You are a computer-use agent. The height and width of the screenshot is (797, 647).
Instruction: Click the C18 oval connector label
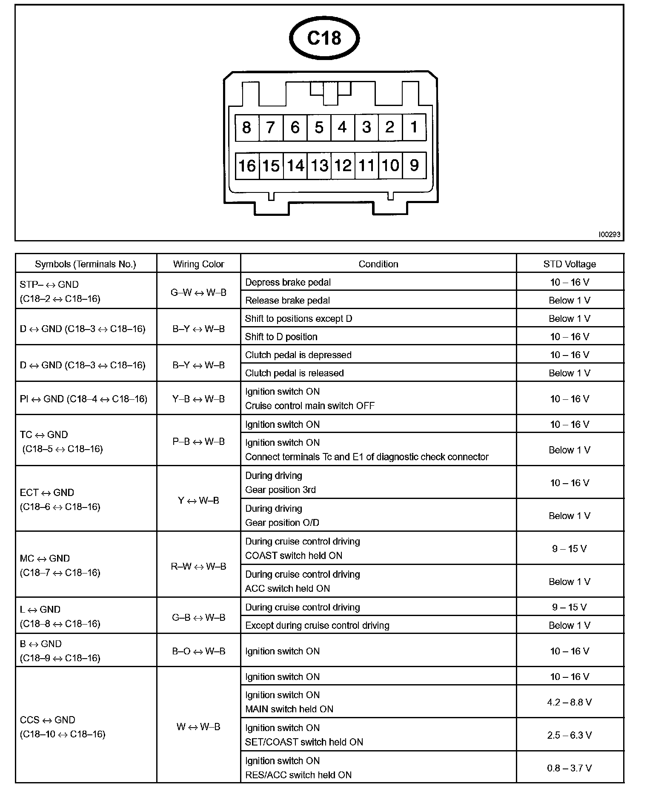coord(324,38)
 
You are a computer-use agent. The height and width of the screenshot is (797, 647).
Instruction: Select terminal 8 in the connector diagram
coord(247,127)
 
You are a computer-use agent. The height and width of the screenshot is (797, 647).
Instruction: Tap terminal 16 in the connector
coord(247,166)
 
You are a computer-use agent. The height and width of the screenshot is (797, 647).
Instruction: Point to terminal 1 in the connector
coord(414,127)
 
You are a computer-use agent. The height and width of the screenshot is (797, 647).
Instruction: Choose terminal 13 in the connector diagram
coord(319,166)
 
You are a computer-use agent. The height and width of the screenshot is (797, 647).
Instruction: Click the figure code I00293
coord(609,235)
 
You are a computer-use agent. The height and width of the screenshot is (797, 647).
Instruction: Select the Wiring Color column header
coord(198,264)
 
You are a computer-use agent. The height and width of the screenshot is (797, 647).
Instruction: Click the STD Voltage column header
coord(570,264)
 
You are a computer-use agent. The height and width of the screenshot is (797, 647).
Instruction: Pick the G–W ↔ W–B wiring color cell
coord(198,292)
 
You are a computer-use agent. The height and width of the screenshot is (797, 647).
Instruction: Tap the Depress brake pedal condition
coord(288,282)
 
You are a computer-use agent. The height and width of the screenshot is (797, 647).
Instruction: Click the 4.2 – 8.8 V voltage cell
coord(570,702)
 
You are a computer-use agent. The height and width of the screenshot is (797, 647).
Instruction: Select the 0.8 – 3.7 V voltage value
coord(570,768)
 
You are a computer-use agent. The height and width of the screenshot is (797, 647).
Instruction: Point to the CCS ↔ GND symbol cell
coord(62,727)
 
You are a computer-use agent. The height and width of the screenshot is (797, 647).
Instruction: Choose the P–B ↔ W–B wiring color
coord(198,442)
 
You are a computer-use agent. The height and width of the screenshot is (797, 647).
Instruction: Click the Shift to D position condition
coord(281,337)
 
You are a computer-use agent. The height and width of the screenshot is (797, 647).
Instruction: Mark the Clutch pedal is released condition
coord(294,373)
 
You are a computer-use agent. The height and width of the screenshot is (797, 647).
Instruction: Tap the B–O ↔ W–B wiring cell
coord(198,651)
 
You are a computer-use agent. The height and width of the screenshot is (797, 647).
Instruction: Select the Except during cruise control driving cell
coord(317,625)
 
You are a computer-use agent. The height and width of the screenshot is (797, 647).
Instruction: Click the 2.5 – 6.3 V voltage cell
coord(570,735)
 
